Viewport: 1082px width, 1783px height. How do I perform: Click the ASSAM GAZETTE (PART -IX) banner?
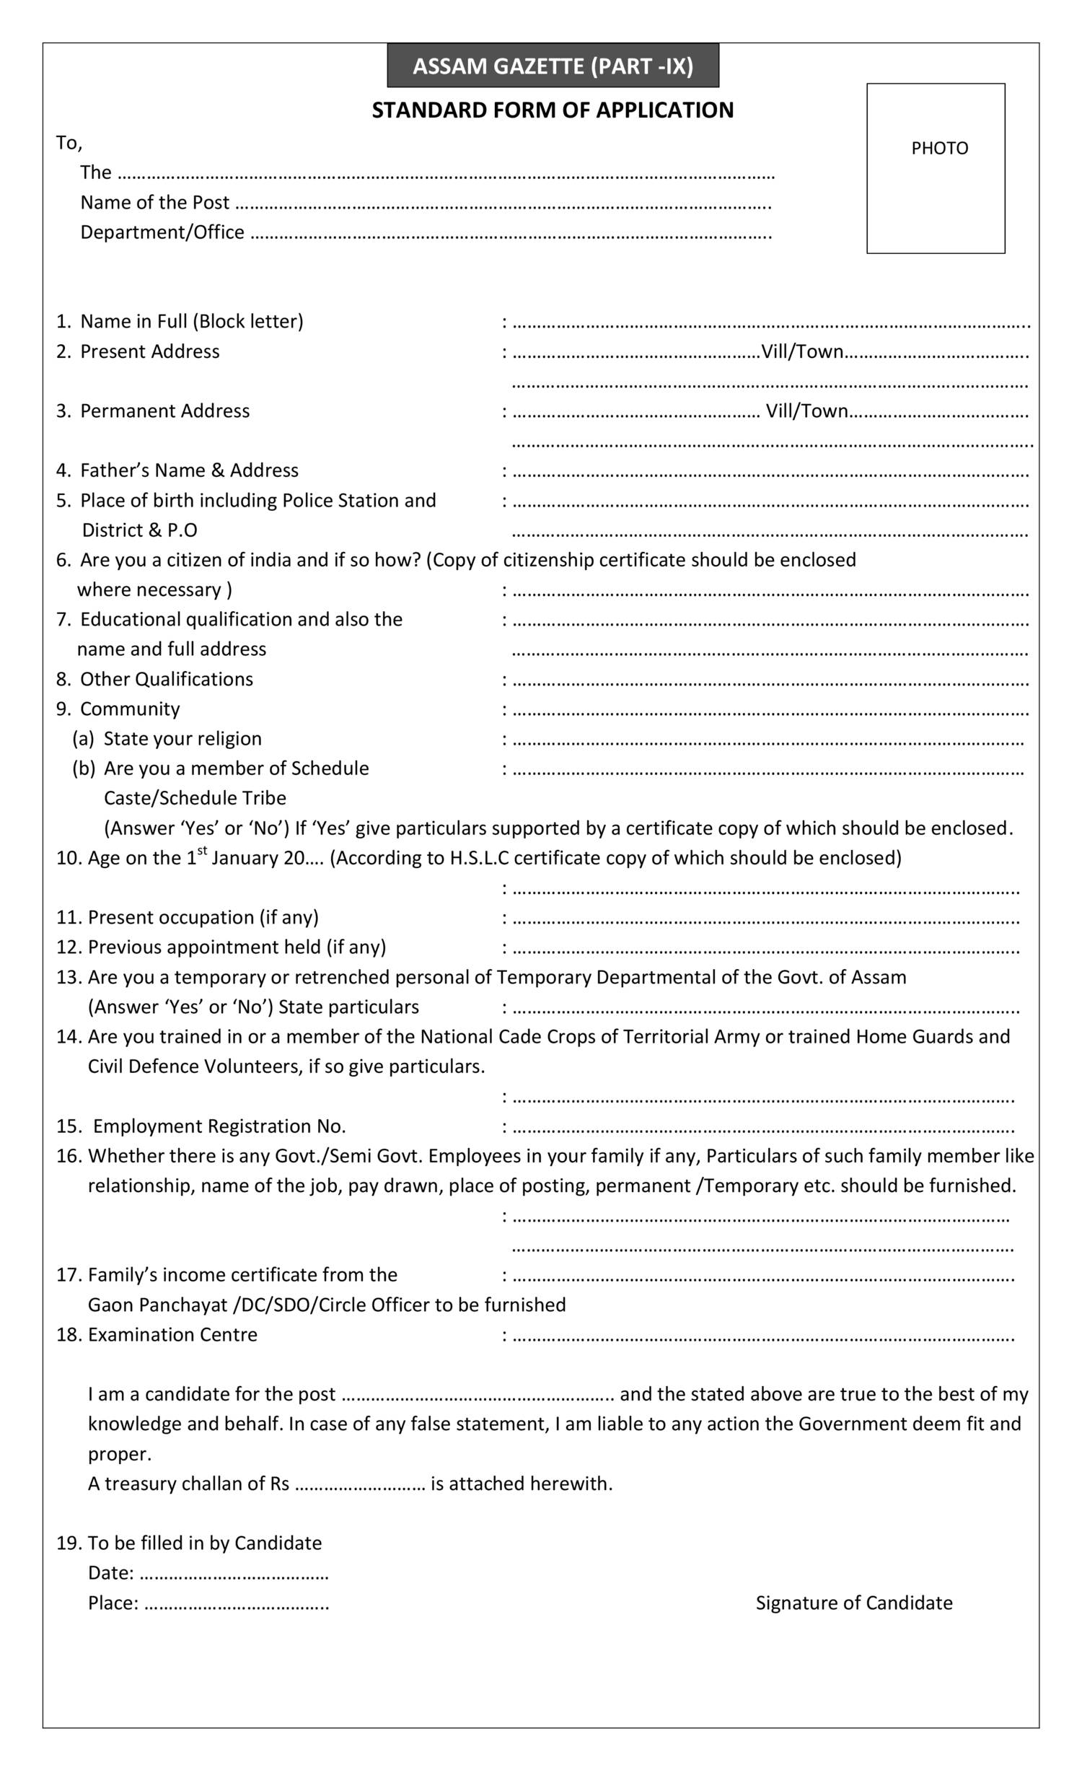(x=553, y=66)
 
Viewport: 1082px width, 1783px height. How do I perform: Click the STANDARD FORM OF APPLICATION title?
(x=553, y=110)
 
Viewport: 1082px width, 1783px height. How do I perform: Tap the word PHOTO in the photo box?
(x=939, y=149)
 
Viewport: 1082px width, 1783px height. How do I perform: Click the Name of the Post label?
(x=155, y=203)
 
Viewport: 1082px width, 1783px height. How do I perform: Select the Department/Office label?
(x=162, y=232)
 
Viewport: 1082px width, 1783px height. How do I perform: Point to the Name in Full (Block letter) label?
(x=192, y=321)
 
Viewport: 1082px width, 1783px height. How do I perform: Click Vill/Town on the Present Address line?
(x=802, y=351)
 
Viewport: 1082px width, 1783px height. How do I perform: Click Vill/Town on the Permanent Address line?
(x=806, y=411)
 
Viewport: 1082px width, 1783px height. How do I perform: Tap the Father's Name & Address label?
(x=189, y=470)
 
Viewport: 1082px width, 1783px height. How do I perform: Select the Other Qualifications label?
(x=167, y=680)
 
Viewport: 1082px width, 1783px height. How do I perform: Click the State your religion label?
(x=182, y=739)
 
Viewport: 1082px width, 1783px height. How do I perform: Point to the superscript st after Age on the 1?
(x=203, y=850)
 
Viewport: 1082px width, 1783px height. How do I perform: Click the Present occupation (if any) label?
(x=203, y=918)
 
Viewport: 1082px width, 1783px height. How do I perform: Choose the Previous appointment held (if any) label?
(x=237, y=947)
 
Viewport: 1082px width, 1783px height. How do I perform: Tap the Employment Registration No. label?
(x=219, y=1126)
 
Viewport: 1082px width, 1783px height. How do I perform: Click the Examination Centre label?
(x=172, y=1334)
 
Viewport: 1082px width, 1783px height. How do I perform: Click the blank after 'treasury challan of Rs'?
(x=360, y=1485)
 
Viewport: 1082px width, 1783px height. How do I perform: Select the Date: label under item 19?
(x=110, y=1573)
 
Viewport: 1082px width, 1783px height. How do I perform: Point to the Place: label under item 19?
(x=113, y=1603)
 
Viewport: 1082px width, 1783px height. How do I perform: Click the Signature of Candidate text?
(x=853, y=1603)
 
